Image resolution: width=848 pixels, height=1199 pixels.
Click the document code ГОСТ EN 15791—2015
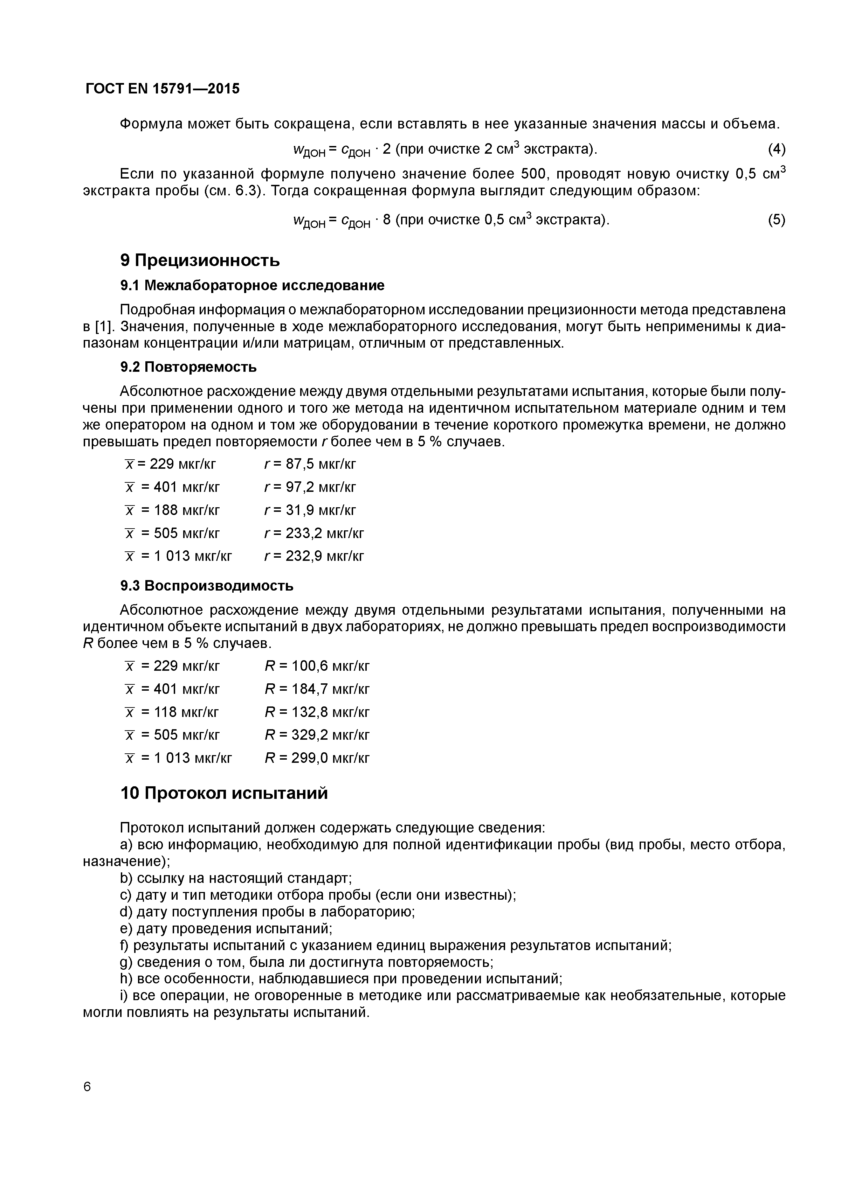pyautogui.click(x=162, y=89)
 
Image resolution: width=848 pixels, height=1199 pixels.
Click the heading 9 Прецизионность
pyautogui.click(x=200, y=260)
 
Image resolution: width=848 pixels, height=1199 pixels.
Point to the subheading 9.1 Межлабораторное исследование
pyautogui.click(x=252, y=286)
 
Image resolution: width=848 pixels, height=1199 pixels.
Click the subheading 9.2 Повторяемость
pyautogui.click(x=188, y=368)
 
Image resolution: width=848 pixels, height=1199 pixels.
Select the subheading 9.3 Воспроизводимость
pyautogui.click(x=207, y=586)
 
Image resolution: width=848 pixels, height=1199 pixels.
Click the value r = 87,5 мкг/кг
pyautogui.click(x=310, y=464)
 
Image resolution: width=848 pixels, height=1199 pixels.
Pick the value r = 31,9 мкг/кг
pyautogui.click(x=310, y=510)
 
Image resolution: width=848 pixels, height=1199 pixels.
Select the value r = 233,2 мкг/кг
pyautogui.click(x=314, y=533)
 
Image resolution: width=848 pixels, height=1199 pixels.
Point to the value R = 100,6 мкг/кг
pyautogui.click(x=317, y=666)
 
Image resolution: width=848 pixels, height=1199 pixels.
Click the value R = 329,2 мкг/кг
pyautogui.click(x=317, y=735)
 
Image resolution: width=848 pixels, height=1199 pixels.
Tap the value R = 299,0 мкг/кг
pyautogui.click(x=317, y=758)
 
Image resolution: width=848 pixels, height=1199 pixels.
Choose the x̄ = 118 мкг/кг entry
pyautogui.click(x=172, y=712)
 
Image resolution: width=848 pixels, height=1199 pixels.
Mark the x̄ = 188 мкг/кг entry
pyautogui.click(x=172, y=510)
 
